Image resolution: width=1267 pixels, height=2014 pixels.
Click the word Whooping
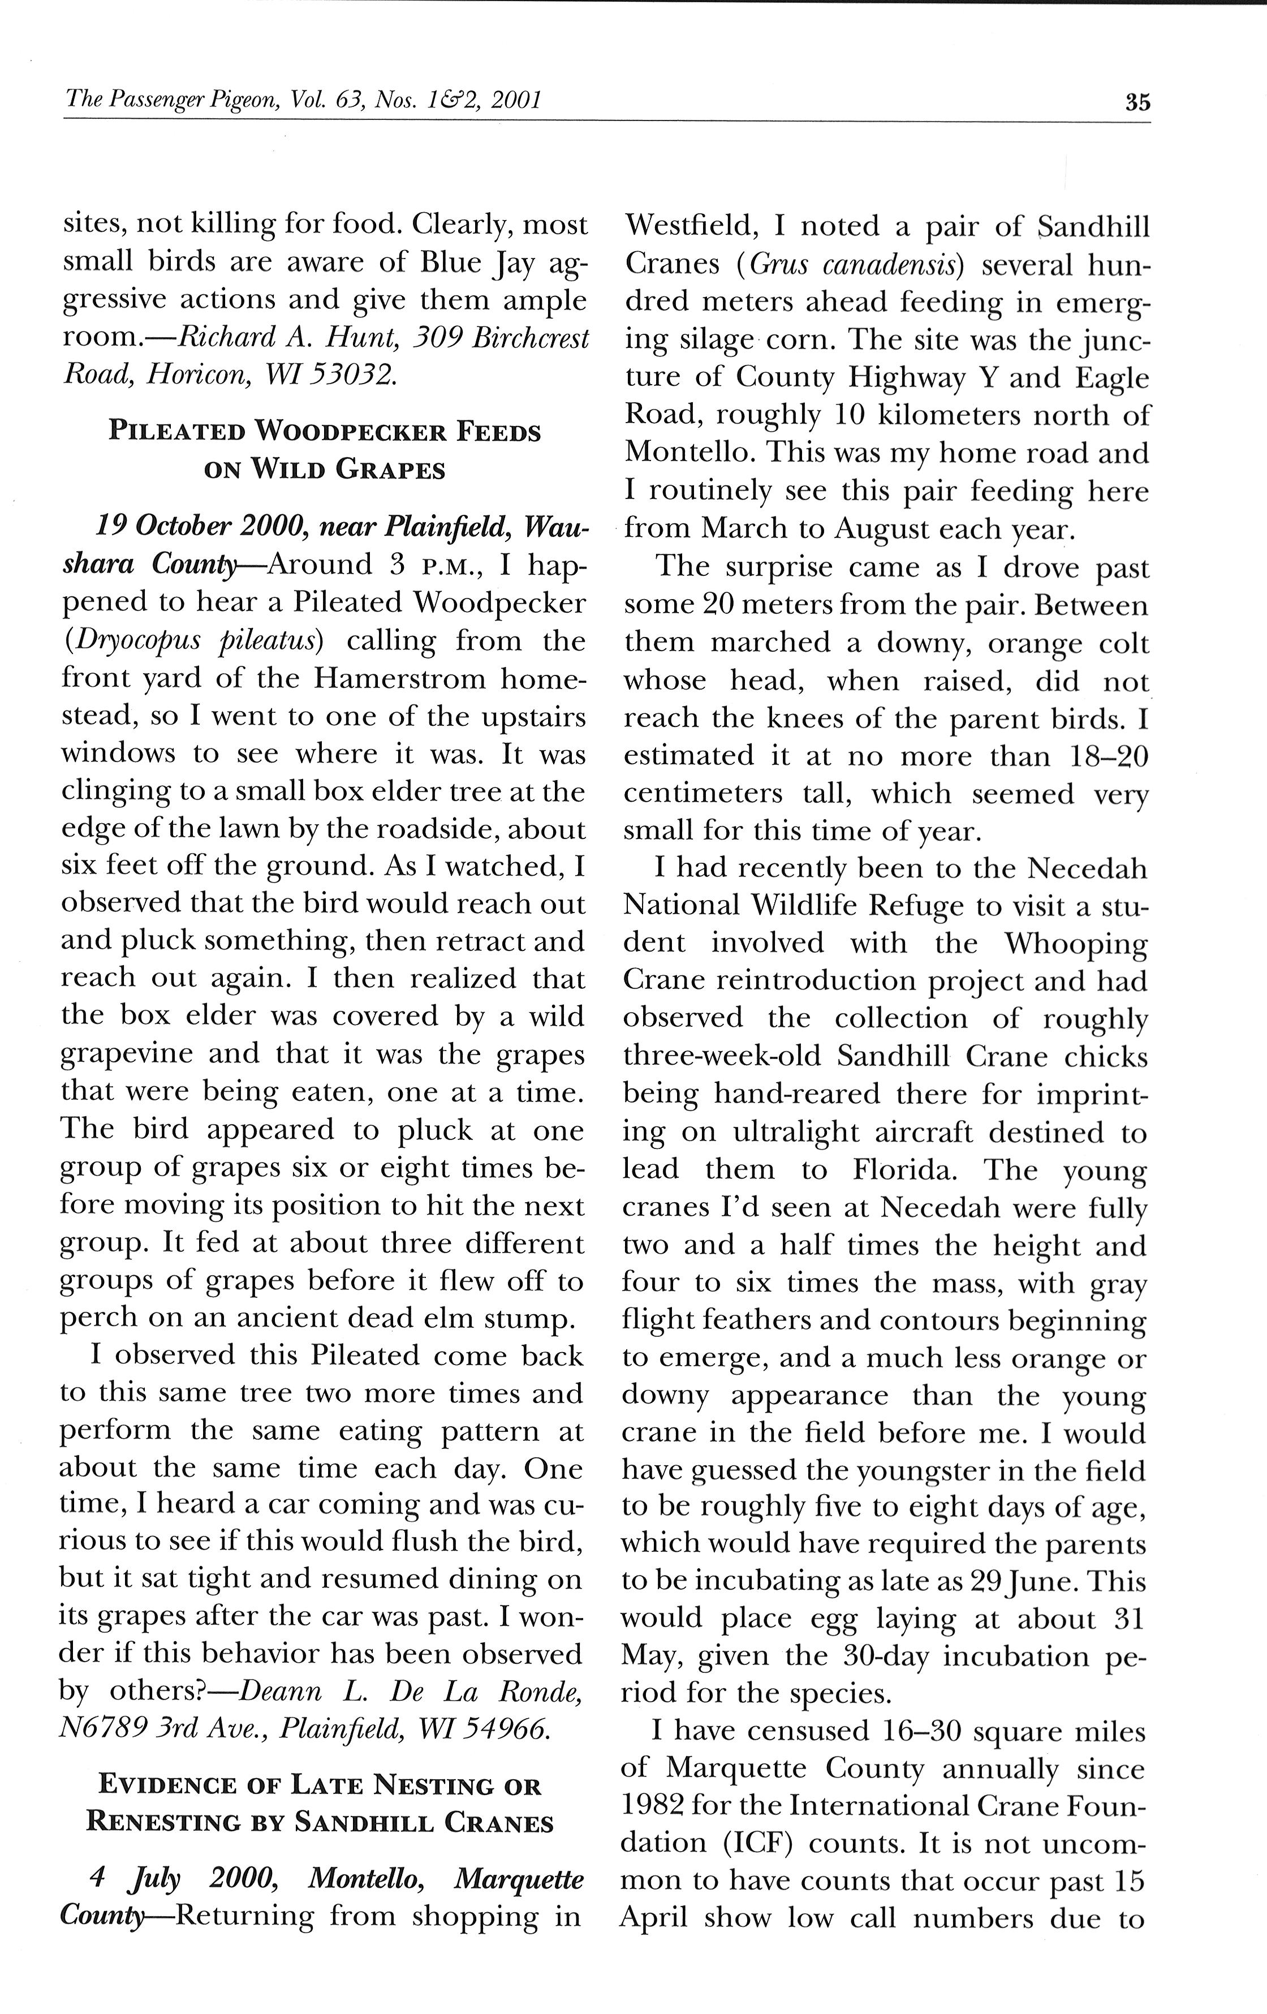pos(1075,944)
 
